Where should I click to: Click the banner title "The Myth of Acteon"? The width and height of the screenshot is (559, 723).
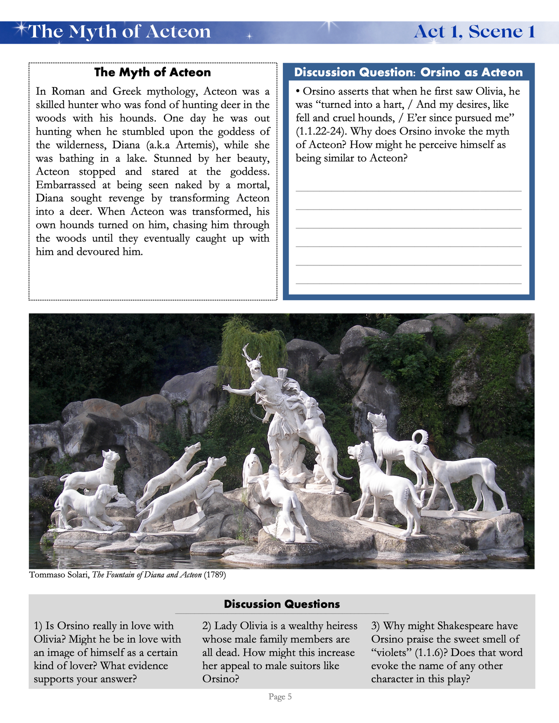pyautogui.click(x=120, y=32)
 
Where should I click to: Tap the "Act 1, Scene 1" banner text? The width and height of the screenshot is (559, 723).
pyautogui.click(x=474, y=32)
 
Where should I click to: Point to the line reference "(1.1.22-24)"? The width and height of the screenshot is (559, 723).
pyautogui.click(x=321, y=131)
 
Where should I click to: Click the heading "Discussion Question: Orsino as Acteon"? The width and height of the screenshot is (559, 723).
pyautogui.click(x=409, y=72)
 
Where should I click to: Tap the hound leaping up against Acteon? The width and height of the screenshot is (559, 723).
pyautogui.click(x=317, y=433)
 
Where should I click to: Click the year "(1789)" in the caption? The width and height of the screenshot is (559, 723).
pyautogui.click(x=215, y=575)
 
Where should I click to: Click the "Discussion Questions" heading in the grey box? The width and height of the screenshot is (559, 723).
pyautogui.click(x=282, y=604)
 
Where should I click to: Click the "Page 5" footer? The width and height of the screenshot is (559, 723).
pyautogui.click(x=280, y=697)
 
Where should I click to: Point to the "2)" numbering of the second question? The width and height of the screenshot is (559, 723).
pyautogui.click(x=207, y=626)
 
